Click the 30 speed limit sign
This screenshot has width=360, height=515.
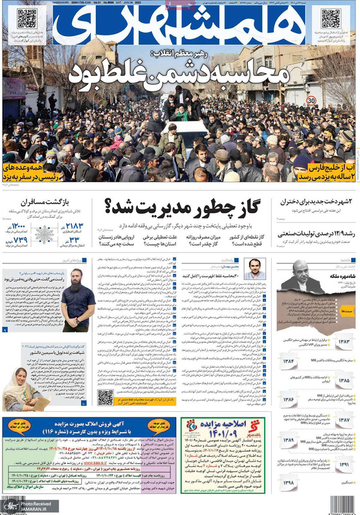point(311,100)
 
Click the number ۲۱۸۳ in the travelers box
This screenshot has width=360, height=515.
point(75,225)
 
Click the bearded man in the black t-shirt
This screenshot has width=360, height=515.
point(79,301)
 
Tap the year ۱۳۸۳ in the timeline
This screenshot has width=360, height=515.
point(343,342)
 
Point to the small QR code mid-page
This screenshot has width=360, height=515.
point(106,397)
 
